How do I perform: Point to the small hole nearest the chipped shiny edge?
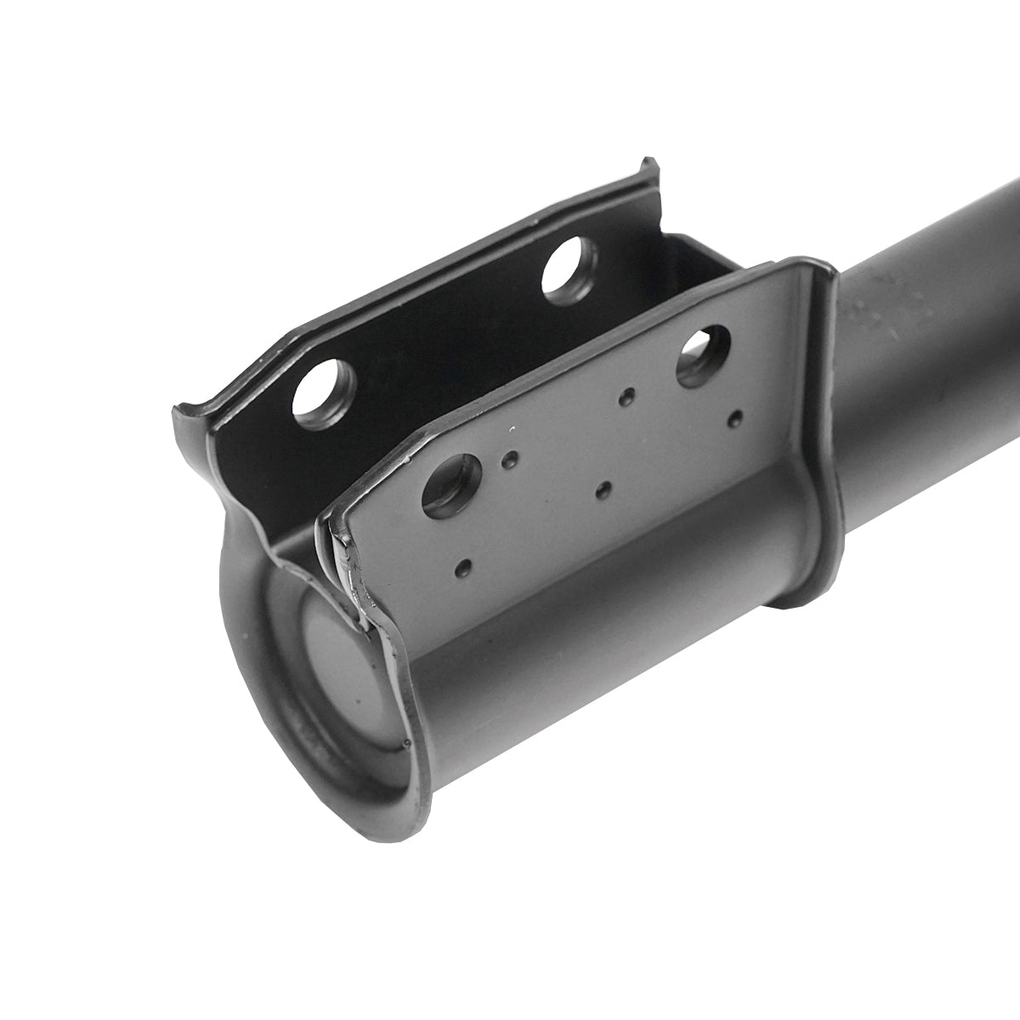click(464, 566)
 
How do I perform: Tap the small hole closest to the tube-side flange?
click(736, 417)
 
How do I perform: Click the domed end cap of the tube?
click(340, 671)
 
